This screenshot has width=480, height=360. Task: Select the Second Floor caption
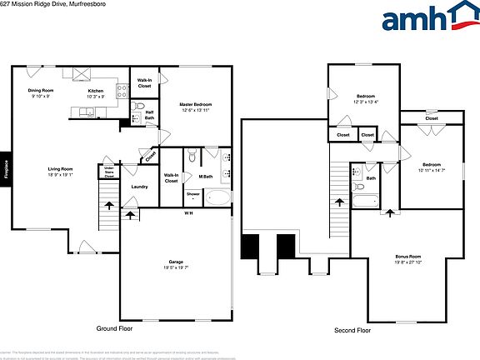pyautogui.click(x=352, y=329)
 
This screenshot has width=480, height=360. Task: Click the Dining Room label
pyautogui.click(x=40, y=92)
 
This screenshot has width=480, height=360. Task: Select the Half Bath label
pyautogui.click(x=150, y=115)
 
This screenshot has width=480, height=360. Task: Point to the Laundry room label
pyautogui.click(x=140, y=187)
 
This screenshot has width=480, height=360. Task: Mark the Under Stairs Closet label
pyautogui.click(x=108, y=172)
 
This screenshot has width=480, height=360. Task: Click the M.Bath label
pyautogui.click(x=204, y=177)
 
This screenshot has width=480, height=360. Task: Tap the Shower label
pyautogui.click(x=192, y=194)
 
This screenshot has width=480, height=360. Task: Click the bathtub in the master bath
pyautogui.click(x=218, y=198)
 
